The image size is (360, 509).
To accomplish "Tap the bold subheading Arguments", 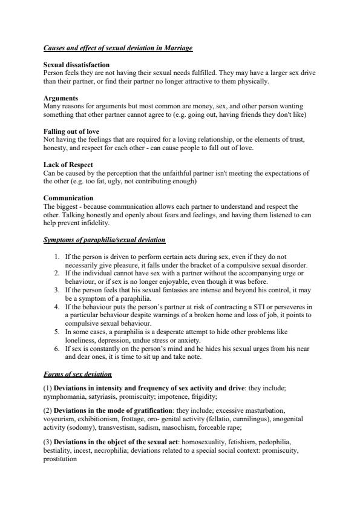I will [60, 97].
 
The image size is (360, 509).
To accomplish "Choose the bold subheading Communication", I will [68, 198].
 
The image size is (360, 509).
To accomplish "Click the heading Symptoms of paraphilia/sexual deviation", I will [104, 240].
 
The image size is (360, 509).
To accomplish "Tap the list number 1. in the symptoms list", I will [57, 257].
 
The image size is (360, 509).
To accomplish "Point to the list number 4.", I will [57, 307].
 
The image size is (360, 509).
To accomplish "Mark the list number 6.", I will [57, 349].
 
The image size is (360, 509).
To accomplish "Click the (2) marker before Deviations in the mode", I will [48, 410].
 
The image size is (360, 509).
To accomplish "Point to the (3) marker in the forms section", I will [48, 443].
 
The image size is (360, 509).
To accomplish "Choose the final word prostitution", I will [61, 459].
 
